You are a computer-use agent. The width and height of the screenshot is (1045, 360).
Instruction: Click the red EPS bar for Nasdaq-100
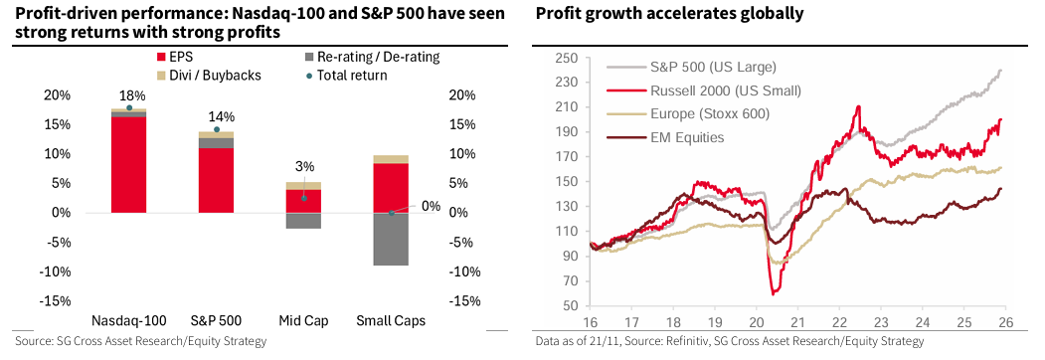point(128,165)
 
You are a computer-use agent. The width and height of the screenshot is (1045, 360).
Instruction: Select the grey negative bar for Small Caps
point(391,240)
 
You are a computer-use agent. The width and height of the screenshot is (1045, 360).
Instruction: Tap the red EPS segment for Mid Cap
point(303,201)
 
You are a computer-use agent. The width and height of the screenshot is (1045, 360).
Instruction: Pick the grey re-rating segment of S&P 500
point(216,143)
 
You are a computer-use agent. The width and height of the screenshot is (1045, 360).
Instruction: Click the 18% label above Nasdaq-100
point(129,96)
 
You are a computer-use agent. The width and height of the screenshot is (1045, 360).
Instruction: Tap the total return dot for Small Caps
point(391,214)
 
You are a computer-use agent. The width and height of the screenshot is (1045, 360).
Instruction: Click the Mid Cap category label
point(303,319)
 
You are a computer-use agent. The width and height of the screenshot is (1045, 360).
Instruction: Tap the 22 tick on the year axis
point(839,321)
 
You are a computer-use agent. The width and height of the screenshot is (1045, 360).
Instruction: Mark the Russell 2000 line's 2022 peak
point(858,106)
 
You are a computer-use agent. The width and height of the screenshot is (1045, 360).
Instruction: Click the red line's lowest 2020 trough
point(774,293)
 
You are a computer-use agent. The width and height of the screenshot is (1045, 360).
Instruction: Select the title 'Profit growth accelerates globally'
point(669,13)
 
